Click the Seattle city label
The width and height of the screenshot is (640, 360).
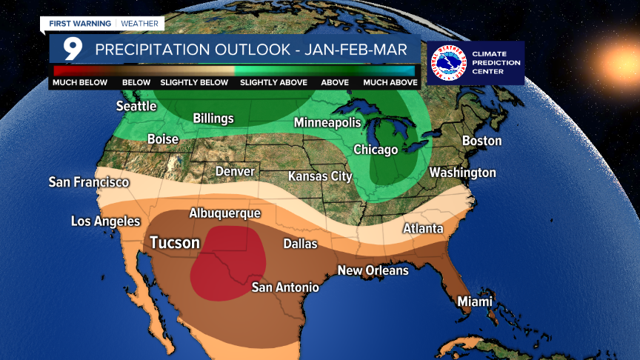[136, 106]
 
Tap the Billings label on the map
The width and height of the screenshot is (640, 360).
[213, 119]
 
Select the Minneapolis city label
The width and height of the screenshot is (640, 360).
[327, 122]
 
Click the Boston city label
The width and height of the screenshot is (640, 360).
[481, 141]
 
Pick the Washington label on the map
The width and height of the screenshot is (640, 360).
[463, 173]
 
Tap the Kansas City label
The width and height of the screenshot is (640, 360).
[319, 176]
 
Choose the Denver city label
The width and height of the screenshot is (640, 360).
[235, 172]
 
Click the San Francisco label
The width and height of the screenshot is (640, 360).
[89, 181]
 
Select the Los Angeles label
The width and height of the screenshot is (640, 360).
[105, 221]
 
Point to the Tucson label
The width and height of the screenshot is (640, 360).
[175, 243]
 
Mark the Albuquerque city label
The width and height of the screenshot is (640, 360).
[225, 213]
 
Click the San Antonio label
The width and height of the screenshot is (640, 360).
[285, 287]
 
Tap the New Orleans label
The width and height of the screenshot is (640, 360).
[373, 270]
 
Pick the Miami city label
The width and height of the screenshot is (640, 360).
[474, 301]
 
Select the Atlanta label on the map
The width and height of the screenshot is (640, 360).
[423, 228]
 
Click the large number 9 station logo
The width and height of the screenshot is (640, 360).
[72, 50]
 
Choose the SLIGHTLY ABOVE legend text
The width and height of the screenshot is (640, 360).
[273, 83]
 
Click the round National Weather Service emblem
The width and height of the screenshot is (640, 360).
[448, 63]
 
